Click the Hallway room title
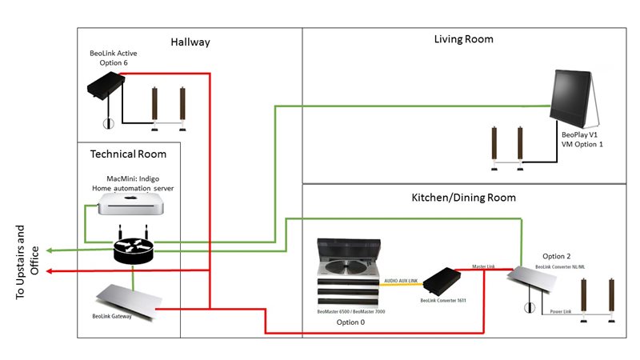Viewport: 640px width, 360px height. pos(190,42)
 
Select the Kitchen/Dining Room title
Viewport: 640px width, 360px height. pos(463,197)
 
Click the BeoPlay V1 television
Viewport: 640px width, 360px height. pos(576,100)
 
